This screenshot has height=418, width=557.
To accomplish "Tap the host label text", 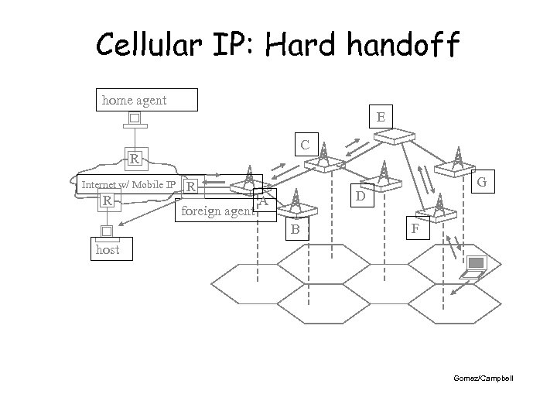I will point(108,250).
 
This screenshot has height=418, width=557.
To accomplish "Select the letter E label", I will point(381,117).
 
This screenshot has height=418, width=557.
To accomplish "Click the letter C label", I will point(306,144).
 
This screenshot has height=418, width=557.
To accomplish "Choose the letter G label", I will point(482,183).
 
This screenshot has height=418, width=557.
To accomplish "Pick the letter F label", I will point(415,230).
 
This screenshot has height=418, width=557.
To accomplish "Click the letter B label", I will point(295,229).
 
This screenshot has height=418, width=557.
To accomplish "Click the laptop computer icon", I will point(473,267).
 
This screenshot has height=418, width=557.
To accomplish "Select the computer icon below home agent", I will point(134,120).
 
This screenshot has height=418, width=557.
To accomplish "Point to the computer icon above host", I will point(107,231).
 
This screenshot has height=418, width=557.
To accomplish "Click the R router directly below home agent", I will point(135,160).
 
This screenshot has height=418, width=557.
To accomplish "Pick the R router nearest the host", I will point(108,202).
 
